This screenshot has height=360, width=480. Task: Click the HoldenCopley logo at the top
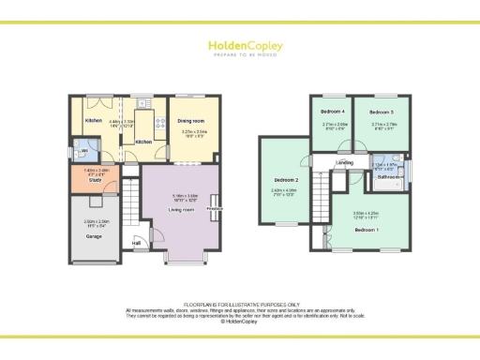[239, 46]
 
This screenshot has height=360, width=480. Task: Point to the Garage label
[94, 236]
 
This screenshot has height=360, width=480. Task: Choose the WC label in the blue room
[84, 150]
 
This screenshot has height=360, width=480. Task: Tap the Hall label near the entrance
[136, 243]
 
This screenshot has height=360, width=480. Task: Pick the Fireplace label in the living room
[214, 208]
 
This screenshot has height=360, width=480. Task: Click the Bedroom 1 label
[366, 229]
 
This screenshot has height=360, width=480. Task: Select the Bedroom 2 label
[286, 179]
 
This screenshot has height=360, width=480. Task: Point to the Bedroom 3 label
[381, 112]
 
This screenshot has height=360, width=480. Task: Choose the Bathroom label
[388, 176]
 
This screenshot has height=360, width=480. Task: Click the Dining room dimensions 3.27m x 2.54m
[194, 134]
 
